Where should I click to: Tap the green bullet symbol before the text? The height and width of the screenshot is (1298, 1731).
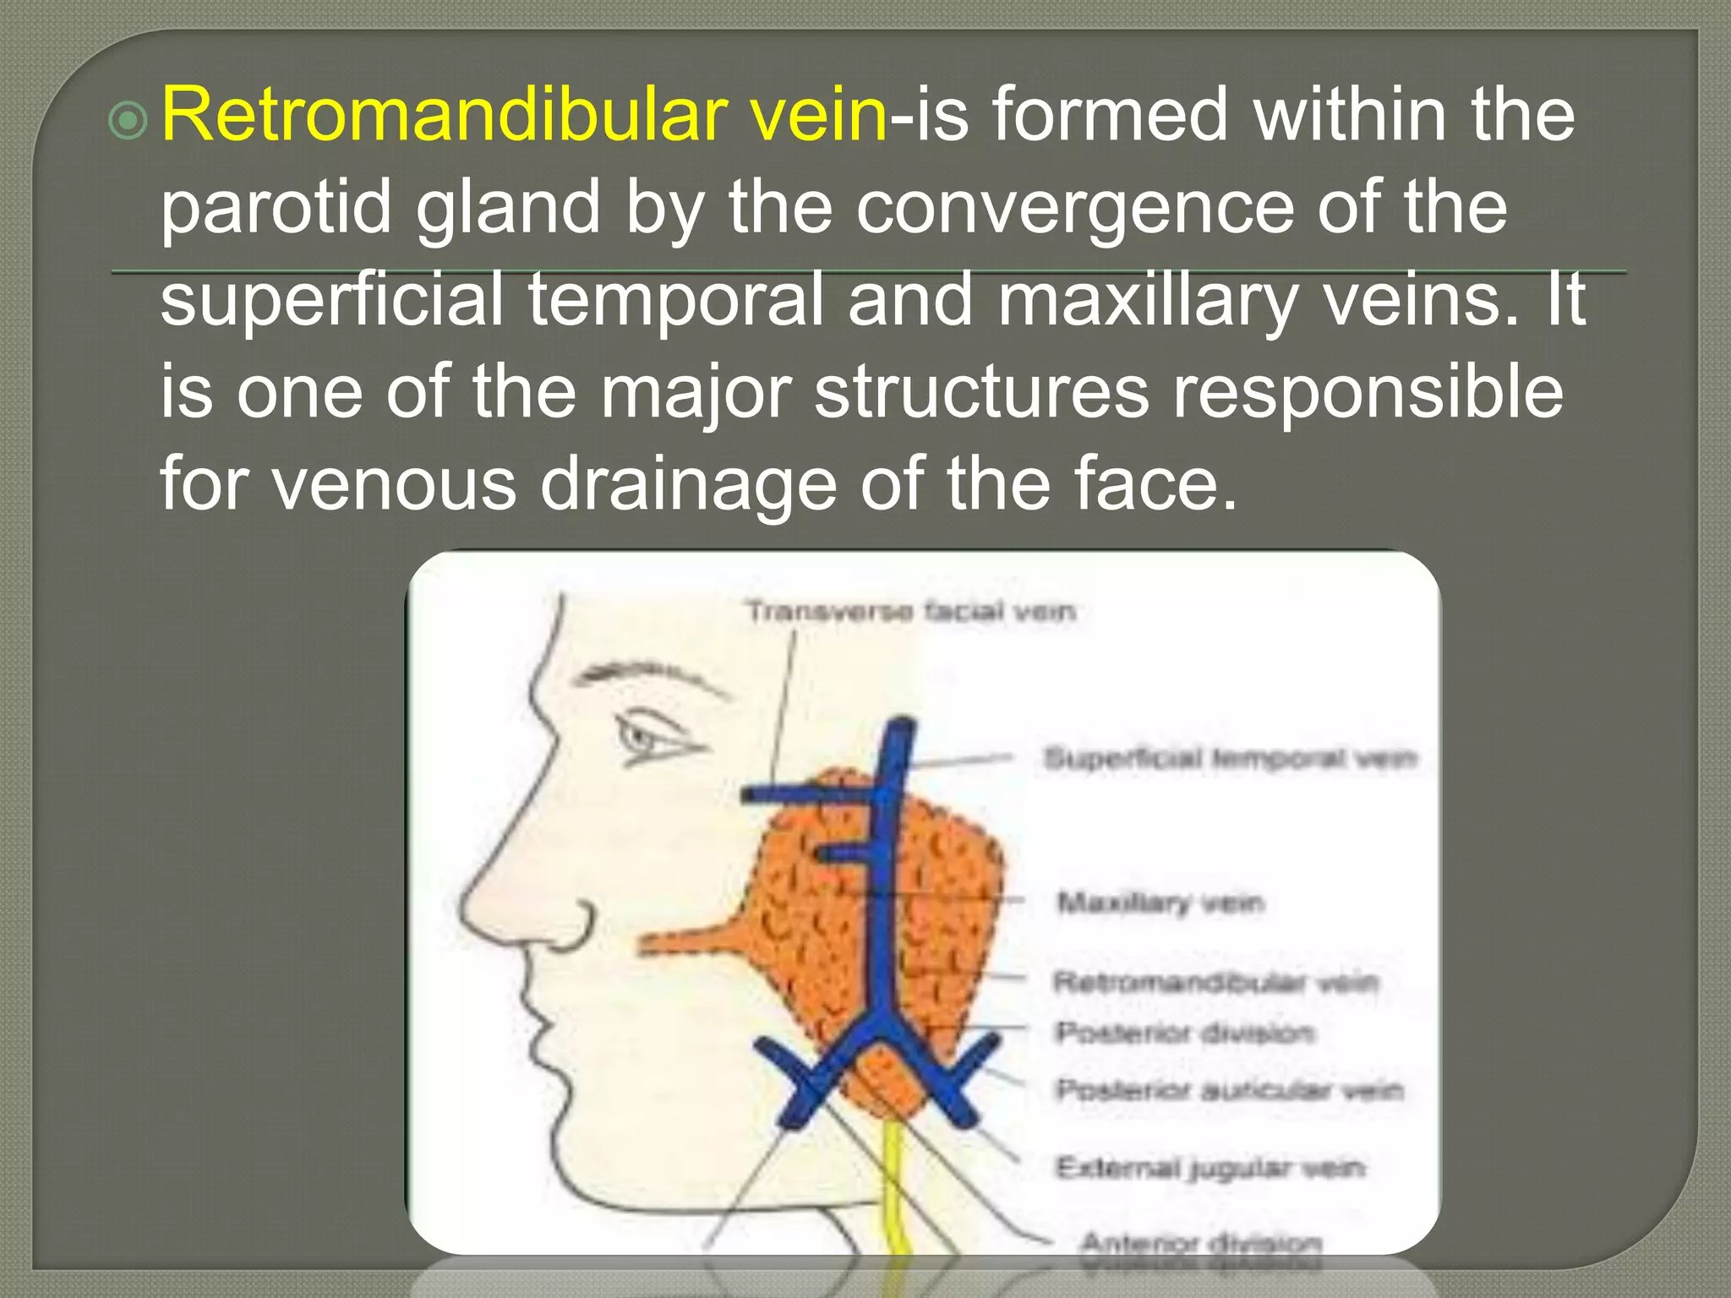click(128, 122)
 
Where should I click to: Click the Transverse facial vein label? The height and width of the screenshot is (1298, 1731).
click(910, 610)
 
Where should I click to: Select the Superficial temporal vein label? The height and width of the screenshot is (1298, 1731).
click(1229, 758)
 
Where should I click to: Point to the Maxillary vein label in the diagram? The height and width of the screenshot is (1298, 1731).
click(1160, 903)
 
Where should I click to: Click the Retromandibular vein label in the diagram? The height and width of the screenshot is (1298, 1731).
click(1215, 982)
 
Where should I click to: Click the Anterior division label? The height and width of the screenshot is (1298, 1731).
click(1200, 1243)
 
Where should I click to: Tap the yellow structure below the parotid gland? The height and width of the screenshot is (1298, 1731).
click(894, 1183)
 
